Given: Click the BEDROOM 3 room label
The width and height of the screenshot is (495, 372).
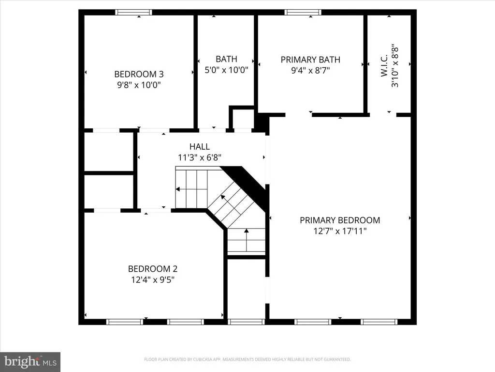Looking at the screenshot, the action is point(139,74).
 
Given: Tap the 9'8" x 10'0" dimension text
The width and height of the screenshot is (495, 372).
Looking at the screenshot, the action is point(139,85).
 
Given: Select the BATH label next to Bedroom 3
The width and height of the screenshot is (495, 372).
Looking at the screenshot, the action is point(226,59).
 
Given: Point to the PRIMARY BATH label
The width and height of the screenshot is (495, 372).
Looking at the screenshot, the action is point(310,60).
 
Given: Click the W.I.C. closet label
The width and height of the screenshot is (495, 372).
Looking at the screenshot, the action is point(384,65).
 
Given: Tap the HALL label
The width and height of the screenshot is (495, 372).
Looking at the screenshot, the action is point(200,146).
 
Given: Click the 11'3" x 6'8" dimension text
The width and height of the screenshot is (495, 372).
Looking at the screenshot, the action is point(200,157).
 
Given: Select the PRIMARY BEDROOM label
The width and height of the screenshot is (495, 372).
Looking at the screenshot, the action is point(340,220).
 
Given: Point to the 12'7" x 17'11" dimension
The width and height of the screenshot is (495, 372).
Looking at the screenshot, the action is point(340,231).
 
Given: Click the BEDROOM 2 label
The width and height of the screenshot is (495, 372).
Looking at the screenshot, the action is point(153,269).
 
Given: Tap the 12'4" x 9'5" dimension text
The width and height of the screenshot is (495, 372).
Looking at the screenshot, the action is point(153,279).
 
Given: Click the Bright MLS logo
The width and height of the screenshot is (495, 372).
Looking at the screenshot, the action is point(30,362).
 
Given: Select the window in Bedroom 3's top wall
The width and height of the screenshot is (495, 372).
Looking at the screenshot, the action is point(133,12).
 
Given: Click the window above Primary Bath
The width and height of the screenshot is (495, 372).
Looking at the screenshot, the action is point(303,12).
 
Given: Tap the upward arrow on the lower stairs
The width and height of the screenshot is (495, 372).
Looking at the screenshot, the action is point(246,240).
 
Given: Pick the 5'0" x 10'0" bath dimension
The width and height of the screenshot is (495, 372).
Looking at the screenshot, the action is point(226,70).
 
